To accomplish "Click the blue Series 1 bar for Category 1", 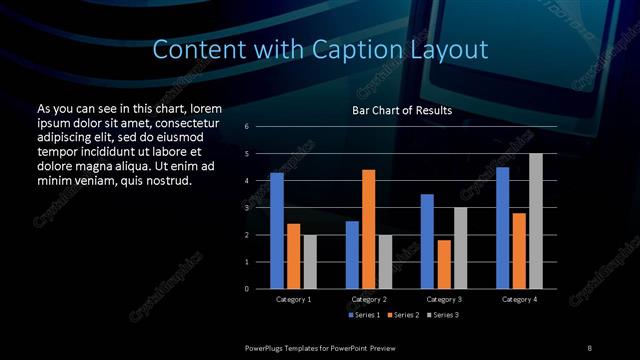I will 277,231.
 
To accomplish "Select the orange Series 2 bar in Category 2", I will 369,229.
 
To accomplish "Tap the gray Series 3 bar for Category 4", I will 535,221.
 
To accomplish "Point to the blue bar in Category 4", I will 503,228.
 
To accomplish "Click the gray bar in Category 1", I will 310,262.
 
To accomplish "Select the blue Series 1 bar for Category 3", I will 427,241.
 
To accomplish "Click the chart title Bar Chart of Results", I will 402,110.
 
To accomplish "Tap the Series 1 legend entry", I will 366,315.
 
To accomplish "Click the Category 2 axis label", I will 368,299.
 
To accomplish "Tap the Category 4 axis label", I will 518,299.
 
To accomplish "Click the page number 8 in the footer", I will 589,346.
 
